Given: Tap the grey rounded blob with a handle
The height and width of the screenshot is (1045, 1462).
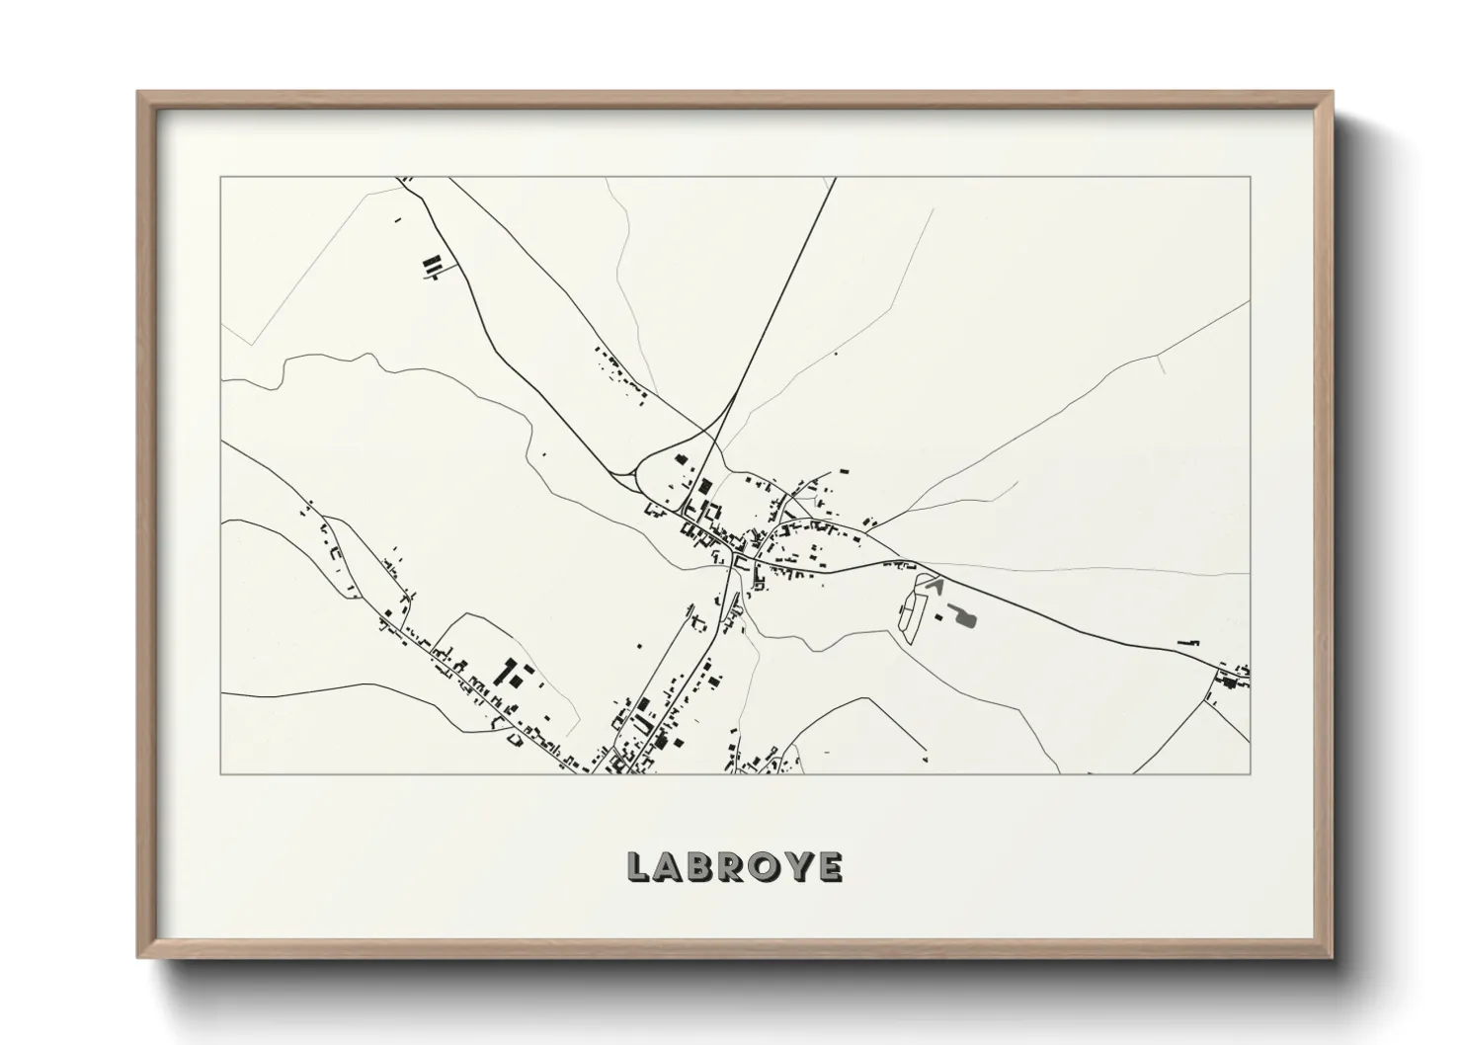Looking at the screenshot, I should tap(966, 618).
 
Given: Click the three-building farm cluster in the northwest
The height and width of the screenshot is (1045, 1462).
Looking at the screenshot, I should tap(431, 266).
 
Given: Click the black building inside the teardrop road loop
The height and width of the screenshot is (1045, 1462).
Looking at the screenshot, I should tap(678, 457).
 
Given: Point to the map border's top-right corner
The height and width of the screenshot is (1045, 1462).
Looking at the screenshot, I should tap(1250, 177).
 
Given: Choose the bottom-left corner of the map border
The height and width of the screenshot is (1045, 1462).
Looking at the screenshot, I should tap(220, 773).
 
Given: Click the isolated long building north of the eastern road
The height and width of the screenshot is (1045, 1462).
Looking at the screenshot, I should tap(1186, 643).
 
